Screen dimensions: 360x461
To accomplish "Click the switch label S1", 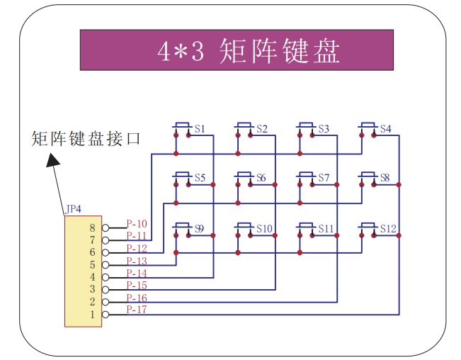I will [x=200, y=129].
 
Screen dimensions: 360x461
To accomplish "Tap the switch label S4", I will [x=385, y=129].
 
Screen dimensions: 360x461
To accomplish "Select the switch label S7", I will [x=324, y=178].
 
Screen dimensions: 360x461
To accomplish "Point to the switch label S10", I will [x=264, y=228].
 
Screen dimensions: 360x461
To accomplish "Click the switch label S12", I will [x=388, y=228].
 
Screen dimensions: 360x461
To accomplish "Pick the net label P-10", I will [x=137, y=224].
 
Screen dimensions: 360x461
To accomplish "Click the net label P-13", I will [x=137, y=261].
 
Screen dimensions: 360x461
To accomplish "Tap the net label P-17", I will [x=137, y=310].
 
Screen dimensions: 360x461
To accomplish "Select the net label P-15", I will [x=137, y=286].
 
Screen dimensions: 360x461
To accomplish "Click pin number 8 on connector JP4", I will [x=91, y=227].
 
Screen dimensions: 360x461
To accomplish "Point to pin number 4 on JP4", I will [x=91, y=276].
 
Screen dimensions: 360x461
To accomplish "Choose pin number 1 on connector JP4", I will [x=91, y=313].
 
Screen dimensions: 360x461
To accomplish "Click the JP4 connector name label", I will [x=73, y=209].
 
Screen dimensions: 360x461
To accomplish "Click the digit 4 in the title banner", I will [x=164, y=51].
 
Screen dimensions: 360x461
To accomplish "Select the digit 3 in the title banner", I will [x=199, y=51].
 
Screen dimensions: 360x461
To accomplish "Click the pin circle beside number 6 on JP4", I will [x=106, y=252].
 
